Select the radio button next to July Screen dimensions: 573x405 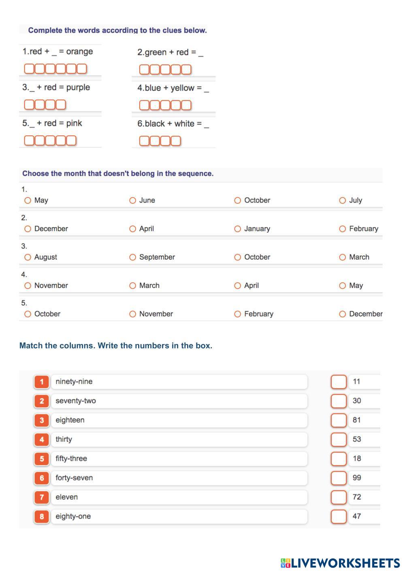coord(343,200)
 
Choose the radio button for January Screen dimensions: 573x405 coord(238,229)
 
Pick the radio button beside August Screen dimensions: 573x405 coord(28,257)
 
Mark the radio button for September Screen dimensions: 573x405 coord(132,257)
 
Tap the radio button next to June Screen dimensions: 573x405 coord(132,200)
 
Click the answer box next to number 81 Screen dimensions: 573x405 coord(339,420)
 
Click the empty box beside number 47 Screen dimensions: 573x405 coord(339,517)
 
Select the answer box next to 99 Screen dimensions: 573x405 coord(339,478)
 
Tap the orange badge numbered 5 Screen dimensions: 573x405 coord(42,459)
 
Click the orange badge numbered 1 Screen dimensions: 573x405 coord(42,382)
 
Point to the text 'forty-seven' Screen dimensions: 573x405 coord(74,478)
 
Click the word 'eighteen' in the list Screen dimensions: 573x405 coord(70,420)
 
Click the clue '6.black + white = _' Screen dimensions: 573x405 coord(173,124)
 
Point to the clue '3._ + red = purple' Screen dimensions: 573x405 coord(56,88)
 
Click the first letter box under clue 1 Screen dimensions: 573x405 coord(29,69)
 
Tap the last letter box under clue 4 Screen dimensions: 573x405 coord(186,105)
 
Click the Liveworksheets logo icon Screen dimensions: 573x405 coord(286,563)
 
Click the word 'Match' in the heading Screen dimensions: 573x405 coord(31,346)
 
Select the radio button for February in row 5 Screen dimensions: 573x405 coord(238,314)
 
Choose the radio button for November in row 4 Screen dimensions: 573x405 coord(28,286)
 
